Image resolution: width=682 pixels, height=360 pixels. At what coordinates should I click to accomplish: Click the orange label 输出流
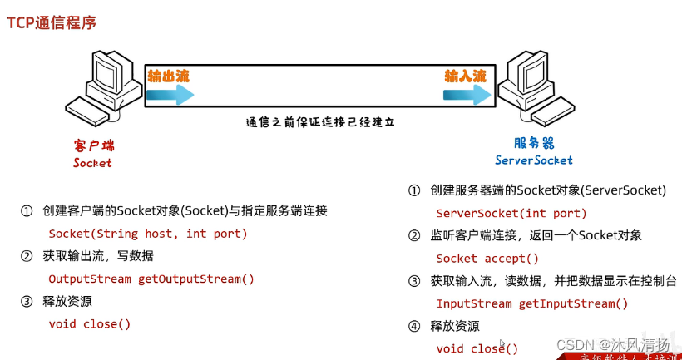click(x=168, y=76)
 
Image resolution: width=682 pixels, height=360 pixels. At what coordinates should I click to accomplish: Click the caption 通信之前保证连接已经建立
click(x=319, y=121)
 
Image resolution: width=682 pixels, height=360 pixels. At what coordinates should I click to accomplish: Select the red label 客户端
click(x=92, y=146)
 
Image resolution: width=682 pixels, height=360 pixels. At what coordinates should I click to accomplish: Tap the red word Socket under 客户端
click(x=92, y=163)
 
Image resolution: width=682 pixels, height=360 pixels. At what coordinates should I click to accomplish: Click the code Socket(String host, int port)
click(x=148, y=234)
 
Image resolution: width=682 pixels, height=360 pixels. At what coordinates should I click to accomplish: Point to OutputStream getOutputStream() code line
click(x=151, y=279)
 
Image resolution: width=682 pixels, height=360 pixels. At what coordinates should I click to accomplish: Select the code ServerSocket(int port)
click(x=511, y=213)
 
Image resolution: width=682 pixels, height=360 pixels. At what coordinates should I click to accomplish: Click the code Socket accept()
click(x=487, y=259)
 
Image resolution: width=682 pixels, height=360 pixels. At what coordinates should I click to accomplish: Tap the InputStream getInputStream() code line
click(x=532, y=303)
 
